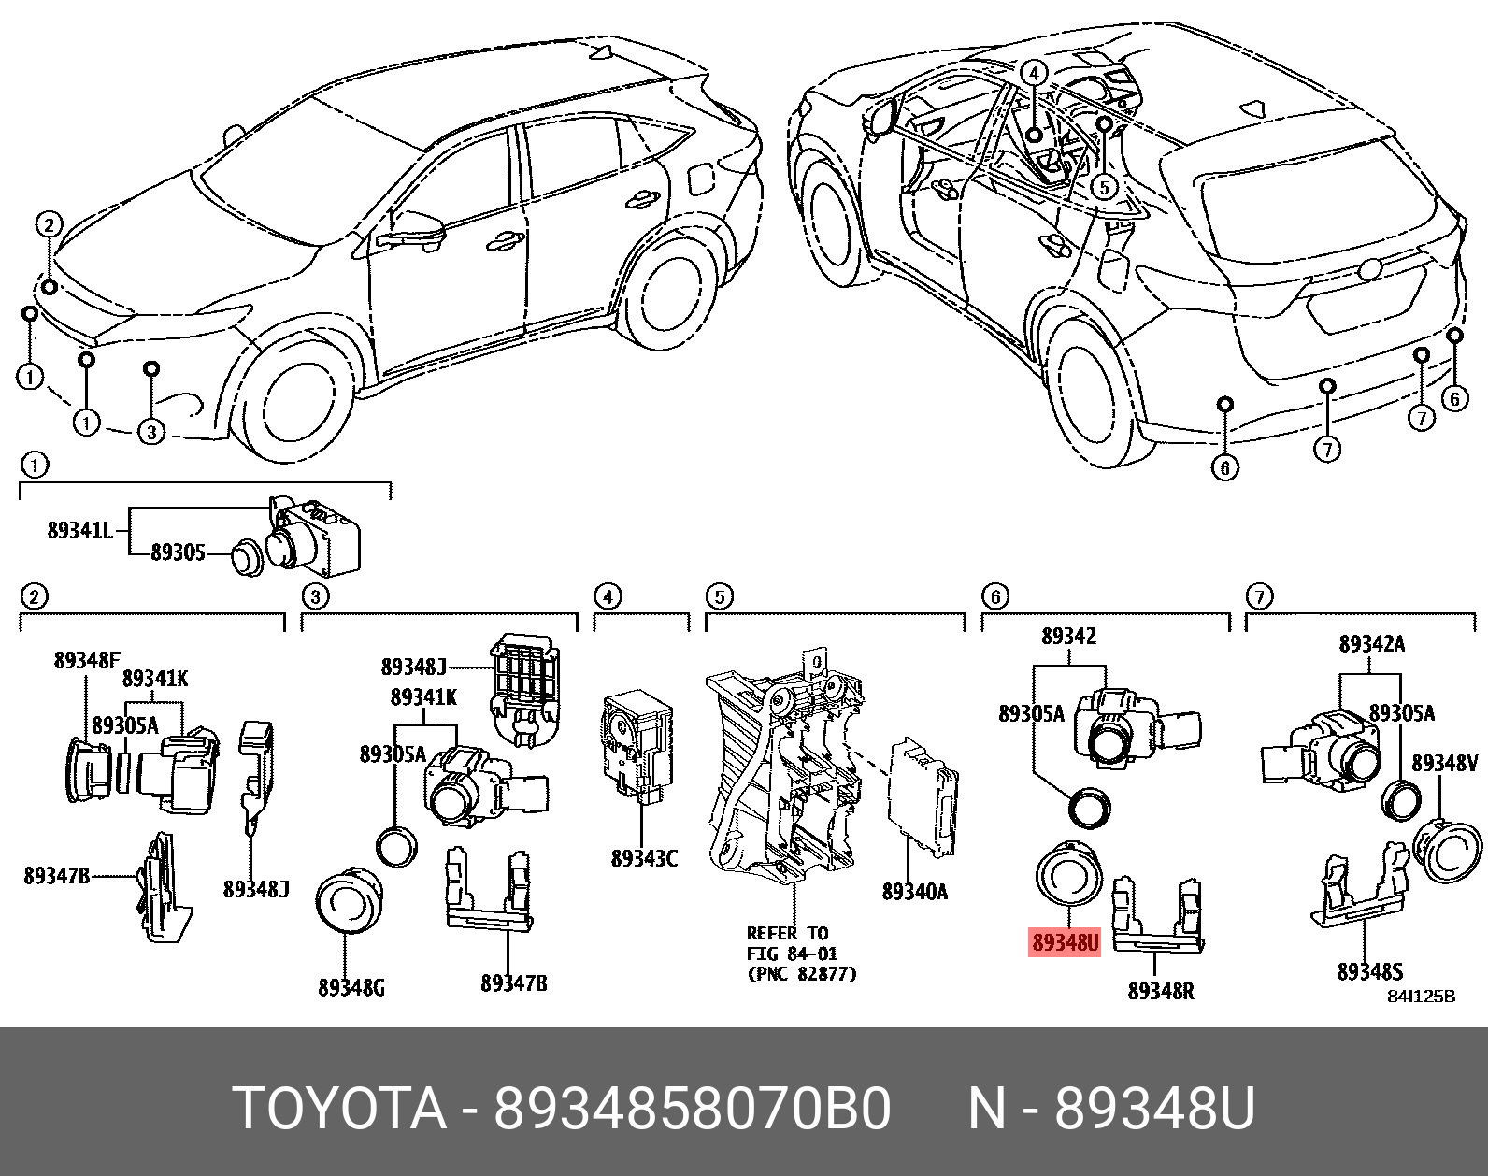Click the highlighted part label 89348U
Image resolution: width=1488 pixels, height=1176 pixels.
pos(1065,942)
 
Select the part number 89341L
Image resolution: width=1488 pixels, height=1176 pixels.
pos(79,530)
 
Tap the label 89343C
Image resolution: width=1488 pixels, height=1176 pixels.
pos(643,858)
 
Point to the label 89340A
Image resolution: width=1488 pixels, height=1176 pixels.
pos(914,892)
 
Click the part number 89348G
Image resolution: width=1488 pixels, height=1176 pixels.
pos(351,987)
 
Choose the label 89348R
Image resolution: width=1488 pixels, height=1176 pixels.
pos(1161,991)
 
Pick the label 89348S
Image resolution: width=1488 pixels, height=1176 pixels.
pos(1369,972)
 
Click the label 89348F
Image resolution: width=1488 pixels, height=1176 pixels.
pos(87,660)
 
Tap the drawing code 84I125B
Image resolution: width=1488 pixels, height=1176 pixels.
pos(1421,997)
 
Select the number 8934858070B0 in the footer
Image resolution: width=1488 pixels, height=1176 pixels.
pos(692,1110)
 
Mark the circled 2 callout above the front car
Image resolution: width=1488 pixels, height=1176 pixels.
pos(49,224)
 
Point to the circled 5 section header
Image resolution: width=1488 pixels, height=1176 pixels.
pos(718,595)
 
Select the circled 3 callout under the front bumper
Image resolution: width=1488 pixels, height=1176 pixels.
pos(151,431)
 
